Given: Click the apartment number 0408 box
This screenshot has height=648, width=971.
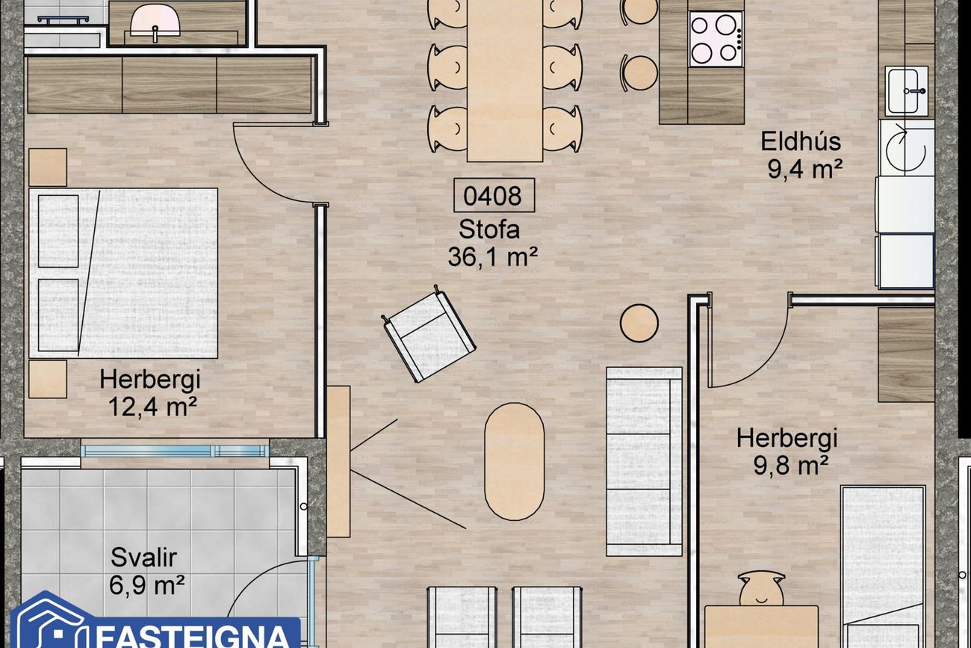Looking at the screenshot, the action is [x=494, y=195].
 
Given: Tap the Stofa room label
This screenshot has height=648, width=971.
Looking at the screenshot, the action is [x=489, y=229].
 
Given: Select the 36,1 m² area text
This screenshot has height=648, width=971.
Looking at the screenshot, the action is [x=492, y=257].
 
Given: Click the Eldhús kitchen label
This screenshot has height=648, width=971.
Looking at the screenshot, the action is [x=801, y=141].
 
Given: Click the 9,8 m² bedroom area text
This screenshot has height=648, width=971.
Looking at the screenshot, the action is [x=791, y=466].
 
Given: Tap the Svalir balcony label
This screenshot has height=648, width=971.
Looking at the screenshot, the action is [x=143, y=558].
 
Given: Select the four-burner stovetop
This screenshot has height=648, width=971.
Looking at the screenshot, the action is [x=716, y=39].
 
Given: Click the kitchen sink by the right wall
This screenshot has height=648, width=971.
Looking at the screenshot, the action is [x=906, y=90].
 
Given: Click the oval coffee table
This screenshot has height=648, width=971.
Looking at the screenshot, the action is [x=514, y=461].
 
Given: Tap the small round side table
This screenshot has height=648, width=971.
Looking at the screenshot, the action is [x=639, y=323].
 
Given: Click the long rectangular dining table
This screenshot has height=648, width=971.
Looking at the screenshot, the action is [x=505, y=80].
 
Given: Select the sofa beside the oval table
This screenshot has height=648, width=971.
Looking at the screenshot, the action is [x=644, y=461].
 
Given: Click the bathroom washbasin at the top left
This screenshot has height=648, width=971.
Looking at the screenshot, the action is [x=155, y=21].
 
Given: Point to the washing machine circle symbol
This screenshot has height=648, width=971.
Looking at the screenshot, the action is [x=905, y=149].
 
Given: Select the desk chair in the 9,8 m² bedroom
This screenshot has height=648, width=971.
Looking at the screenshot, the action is [x=761, y=588].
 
